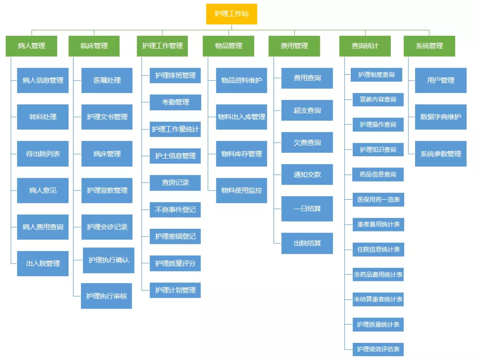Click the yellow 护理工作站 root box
tap(231, 14)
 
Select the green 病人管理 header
tap(31, 46)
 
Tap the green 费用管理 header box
tap(294, 46)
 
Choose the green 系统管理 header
tap(429, 46)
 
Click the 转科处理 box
tap(43, 117)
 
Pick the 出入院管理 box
tap(43, 264)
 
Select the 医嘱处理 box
tap(107, 80)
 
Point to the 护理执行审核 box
tap(106, 296)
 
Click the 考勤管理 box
tap(175, 102)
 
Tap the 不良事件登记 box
tap(175, 210)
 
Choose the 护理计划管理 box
tap(175, 290)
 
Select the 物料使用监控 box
tap(241, 190)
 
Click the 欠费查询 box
tap(307, 142)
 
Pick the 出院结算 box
tap(307, 243)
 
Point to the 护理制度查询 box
tap(376, 75)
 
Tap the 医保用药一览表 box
tap(378, 200)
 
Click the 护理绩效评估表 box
tap(378, 349)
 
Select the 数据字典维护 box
tap(441, 117)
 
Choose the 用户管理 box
tap(441, 80)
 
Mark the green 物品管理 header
tap(228, 46)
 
